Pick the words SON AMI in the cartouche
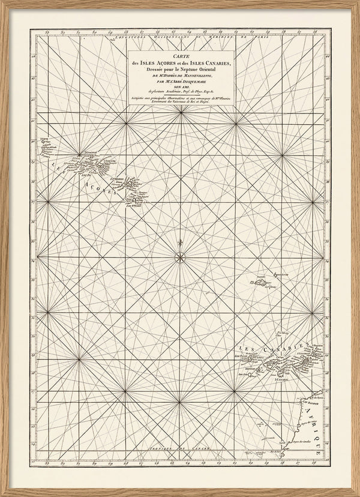point(180,86)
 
